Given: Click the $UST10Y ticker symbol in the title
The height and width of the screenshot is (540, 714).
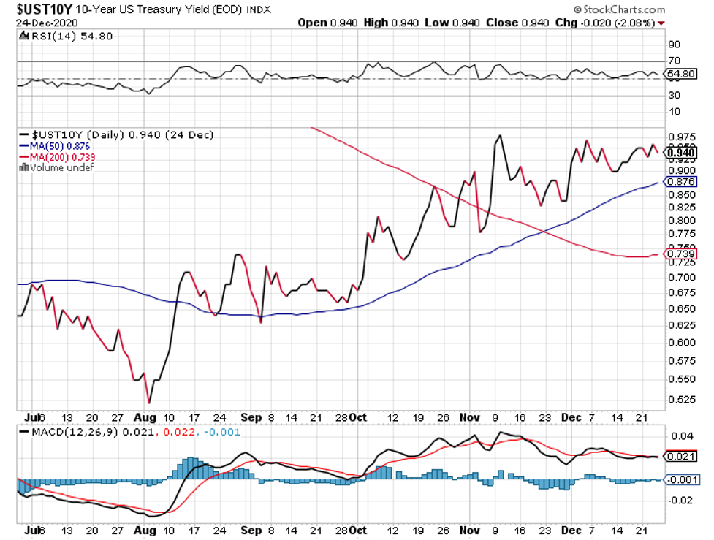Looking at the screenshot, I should [x=43, y=9].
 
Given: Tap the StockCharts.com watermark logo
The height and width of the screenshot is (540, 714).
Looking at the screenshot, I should [x=619, y=9].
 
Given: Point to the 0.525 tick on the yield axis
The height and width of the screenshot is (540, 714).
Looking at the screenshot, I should [x=680, y=400].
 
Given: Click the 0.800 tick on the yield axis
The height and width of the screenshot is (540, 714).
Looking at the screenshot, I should [x=680, y=221].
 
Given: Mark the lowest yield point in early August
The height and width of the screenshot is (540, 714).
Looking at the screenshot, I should [x=149, y=403].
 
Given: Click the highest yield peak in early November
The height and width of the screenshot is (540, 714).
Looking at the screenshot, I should [x=500, y=135].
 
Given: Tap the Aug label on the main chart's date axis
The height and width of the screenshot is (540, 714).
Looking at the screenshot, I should [x=145, y=417].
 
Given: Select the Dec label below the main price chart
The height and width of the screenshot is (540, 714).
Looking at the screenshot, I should [x=571, y=417].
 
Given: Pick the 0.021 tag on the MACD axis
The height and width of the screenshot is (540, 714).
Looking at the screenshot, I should [x=680, y=457].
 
